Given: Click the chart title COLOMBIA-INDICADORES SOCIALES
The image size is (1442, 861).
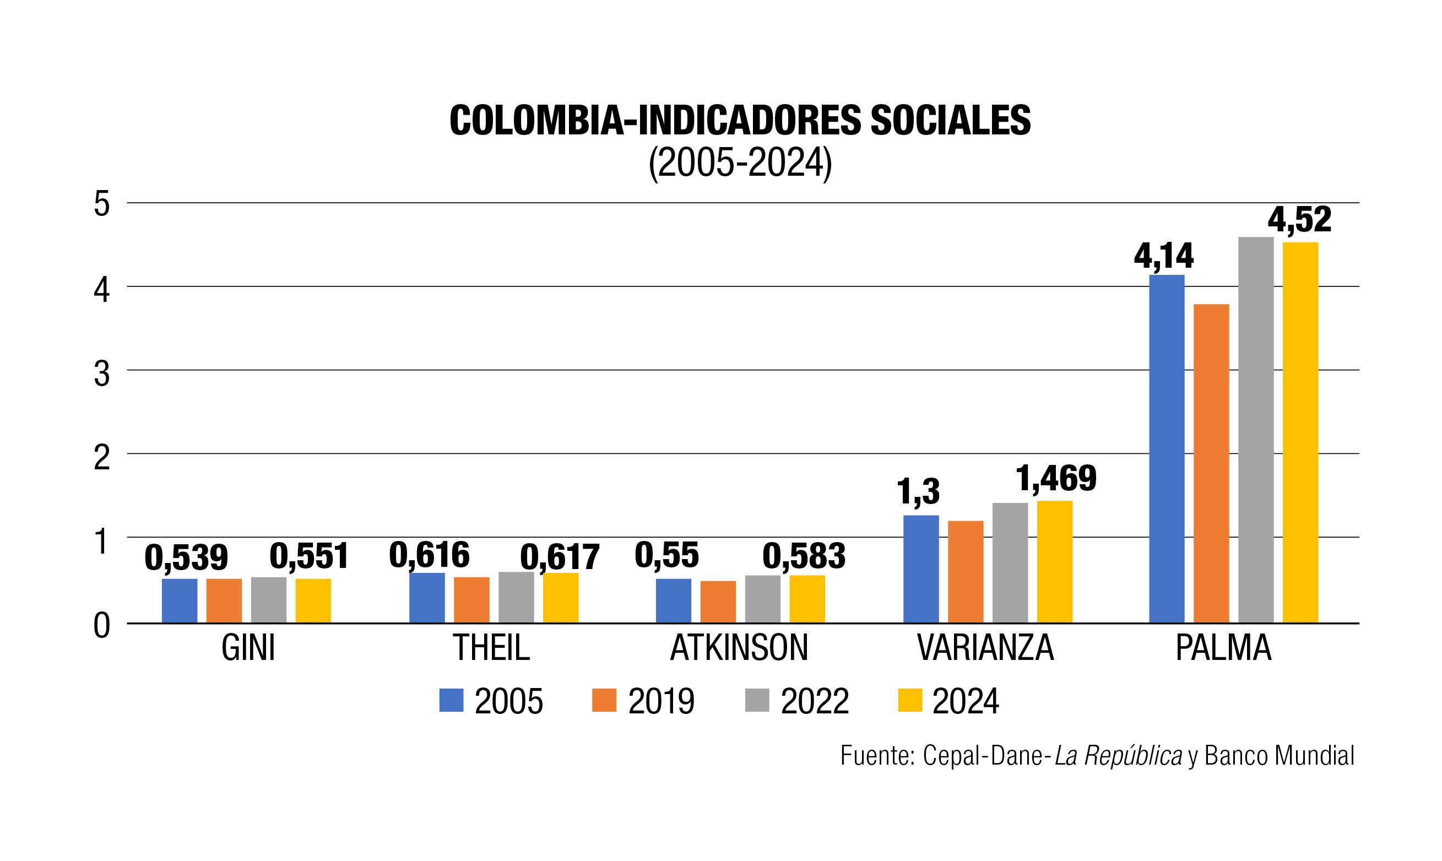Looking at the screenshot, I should (740, 121).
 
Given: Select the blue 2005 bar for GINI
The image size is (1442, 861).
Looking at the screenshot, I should (179, 600).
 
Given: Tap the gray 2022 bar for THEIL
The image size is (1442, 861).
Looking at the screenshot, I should (516, 597).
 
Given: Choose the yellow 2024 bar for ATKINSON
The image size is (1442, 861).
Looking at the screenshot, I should (807, 599).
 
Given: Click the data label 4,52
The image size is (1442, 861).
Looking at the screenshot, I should (1299, 220).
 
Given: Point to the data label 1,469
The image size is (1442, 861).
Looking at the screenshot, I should (1056, 479).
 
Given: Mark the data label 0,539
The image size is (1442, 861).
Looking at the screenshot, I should (186, 558).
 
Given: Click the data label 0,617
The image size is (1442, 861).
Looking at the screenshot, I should (559, 558).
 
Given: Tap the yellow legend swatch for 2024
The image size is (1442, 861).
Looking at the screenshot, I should (909, 700).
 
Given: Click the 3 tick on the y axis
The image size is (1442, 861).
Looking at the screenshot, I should (101, 375).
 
